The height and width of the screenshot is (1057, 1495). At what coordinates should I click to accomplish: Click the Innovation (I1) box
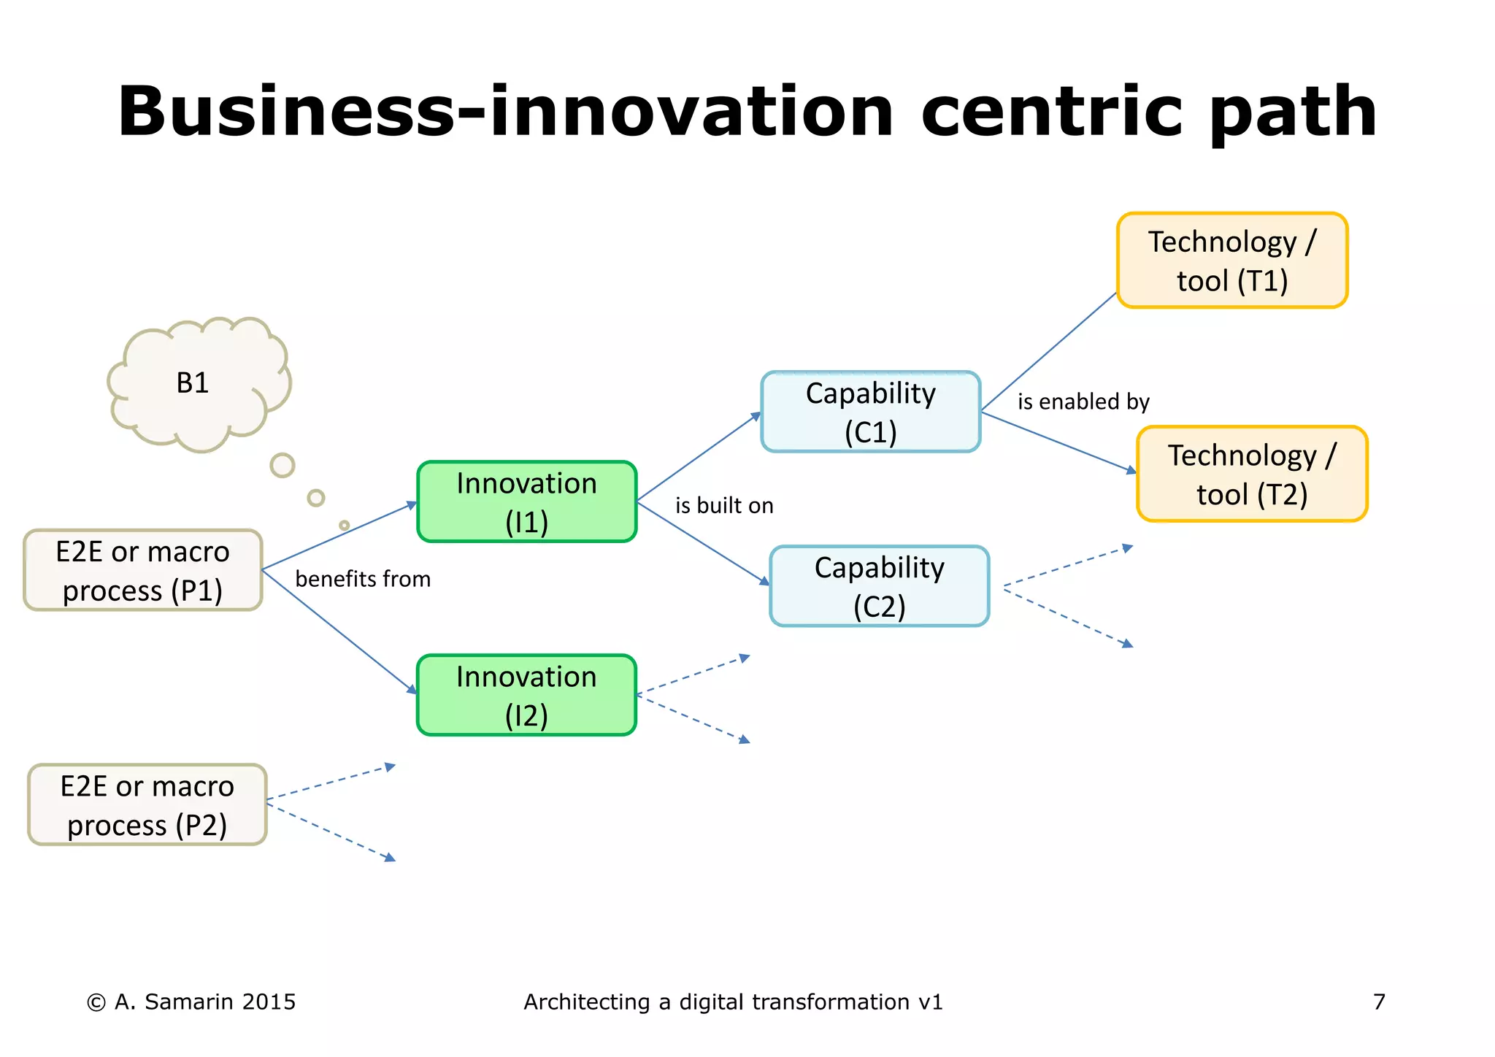[526, 502]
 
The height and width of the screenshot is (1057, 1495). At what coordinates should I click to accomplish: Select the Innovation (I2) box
[526, 695]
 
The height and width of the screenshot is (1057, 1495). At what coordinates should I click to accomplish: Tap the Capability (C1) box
[870, 412]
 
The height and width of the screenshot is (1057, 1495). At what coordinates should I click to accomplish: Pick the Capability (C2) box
[879, 586]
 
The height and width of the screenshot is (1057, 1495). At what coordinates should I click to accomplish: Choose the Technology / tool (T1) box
[1231, 261]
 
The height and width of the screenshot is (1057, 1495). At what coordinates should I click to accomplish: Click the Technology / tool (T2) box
[1251, 474]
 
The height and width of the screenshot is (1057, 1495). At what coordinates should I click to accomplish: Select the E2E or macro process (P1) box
[143, 570]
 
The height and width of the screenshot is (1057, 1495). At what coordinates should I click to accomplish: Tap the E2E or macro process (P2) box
[147, 805]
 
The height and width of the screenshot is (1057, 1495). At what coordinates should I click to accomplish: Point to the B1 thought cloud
[193, 383]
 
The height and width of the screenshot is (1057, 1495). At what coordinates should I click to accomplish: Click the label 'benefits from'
[363, 580]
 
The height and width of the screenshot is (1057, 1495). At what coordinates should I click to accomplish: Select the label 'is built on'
[723, 506]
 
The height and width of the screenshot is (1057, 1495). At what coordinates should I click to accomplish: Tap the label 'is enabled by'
[1083, 402]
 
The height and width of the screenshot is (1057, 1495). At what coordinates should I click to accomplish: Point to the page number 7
[1378, 1002]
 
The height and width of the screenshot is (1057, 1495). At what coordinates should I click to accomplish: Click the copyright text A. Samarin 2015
[192, 1002]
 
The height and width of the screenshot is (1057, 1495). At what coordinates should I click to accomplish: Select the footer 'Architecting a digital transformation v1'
[733, 1002]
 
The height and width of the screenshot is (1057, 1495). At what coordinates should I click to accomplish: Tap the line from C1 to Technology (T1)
[1049, 351]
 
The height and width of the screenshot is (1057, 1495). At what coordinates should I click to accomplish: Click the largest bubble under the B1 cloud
[282, 466]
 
